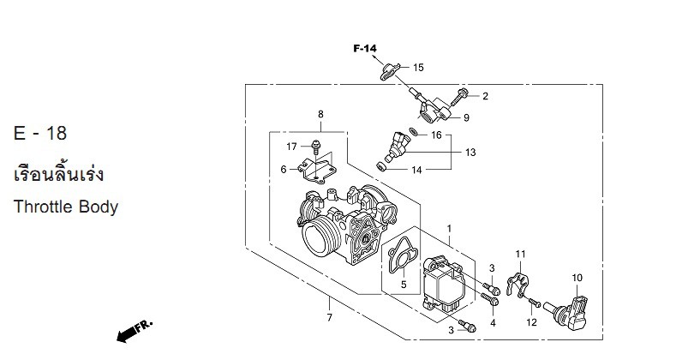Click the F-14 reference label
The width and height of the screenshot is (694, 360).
tap(365, 48)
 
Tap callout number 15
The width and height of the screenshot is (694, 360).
tap(418, 68)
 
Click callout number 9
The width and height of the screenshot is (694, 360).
tap(466, 117)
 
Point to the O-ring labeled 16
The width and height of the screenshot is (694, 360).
tap(414, 131)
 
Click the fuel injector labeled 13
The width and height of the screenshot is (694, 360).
tap(395, 146)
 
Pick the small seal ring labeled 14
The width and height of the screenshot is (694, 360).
tap(380, 166)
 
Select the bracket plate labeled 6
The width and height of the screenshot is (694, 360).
tap(317, 171)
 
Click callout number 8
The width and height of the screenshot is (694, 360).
tap(320, 114)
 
